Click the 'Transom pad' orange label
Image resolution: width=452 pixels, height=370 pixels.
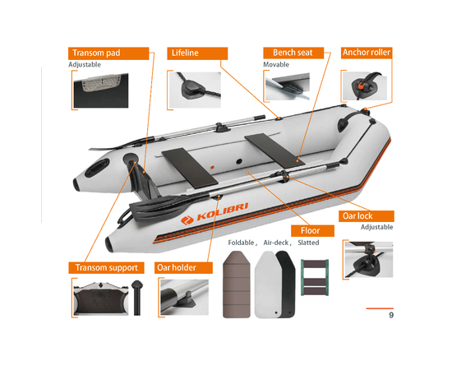tap(108, 53)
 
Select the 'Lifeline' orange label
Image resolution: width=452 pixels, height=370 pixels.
tap(197, 53)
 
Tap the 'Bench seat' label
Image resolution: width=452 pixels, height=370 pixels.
tap(293, 53)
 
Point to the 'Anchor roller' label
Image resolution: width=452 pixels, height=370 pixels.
tap(367, 53)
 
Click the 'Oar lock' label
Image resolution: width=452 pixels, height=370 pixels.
tap(366, 216)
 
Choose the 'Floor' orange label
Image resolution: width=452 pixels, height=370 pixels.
tap(312, 231)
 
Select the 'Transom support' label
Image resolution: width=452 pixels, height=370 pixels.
tap(106, 267)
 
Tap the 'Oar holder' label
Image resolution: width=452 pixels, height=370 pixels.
tap(183, 267)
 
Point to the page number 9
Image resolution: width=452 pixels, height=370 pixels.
tap(391, 315)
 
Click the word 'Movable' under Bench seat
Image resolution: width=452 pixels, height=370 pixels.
tap(276, 65)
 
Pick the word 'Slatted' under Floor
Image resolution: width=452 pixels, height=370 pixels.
tap(308, 243)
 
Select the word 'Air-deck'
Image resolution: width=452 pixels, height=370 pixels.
tap(276, 243)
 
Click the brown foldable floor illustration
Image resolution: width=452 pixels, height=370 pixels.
tap(237, 284)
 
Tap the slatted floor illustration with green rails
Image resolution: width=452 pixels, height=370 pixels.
tap(315, 277)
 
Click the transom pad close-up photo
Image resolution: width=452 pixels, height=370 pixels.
tap(101, 90)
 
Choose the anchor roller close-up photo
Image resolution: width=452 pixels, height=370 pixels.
tap(365, 86)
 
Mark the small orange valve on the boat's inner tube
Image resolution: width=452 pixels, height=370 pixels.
tap(212, 167)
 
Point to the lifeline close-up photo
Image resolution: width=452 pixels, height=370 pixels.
tap(195, 90)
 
